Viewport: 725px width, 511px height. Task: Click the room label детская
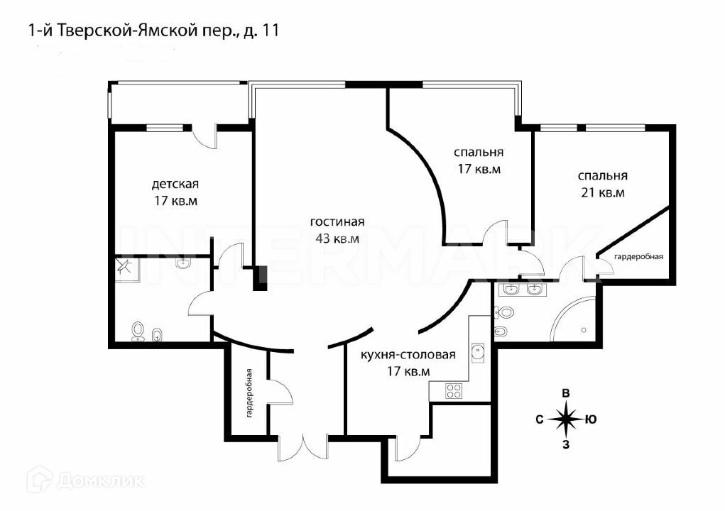tap(175, 185)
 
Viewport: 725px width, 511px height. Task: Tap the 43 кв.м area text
tap(337, 238)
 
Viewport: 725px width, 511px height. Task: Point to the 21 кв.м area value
tap(602, 193)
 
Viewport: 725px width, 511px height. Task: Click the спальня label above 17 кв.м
tap(479, 152)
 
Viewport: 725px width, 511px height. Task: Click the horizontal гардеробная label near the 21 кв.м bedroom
tap(638, 256)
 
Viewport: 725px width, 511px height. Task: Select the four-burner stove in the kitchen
tap(454, 390)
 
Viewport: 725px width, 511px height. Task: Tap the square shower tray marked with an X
tap(126, 265)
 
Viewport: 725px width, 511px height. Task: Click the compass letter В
tap(566, 394)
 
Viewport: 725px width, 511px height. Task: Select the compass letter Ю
tap(591, 419)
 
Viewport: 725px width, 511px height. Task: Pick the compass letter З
tap(566, 446)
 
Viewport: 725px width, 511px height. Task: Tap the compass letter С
tap(540, 419)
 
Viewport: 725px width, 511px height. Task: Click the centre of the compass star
tap(566, 419)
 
